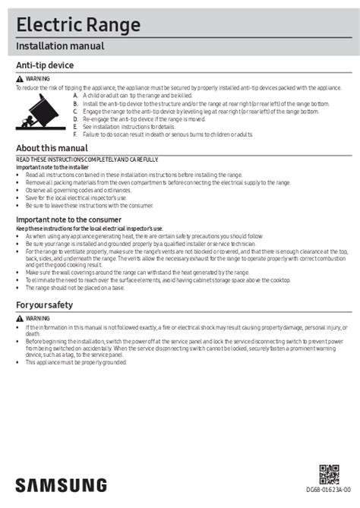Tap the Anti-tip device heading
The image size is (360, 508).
[x=45, y=66]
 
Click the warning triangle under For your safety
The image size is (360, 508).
[x=20, y=317]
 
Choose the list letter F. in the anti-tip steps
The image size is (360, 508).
[x=75, y=133]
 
